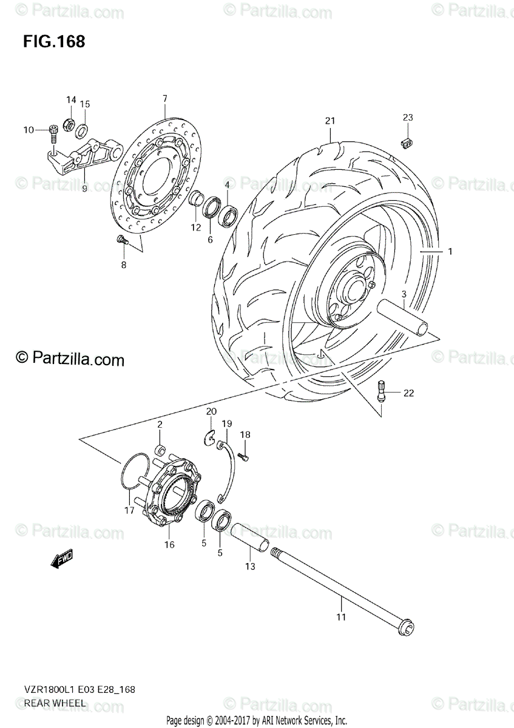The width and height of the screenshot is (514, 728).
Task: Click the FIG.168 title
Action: pos(54,42)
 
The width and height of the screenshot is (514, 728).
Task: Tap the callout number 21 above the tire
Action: pos(329,121)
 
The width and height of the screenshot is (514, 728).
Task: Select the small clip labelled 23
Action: pos(407,143)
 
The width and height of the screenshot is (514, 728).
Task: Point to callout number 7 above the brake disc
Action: pos(164,98)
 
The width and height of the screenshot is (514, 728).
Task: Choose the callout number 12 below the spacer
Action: pos(195,227)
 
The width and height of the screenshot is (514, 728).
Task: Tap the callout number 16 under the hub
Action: pos(169,545)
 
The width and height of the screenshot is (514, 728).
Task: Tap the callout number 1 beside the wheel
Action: pos(450,251)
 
